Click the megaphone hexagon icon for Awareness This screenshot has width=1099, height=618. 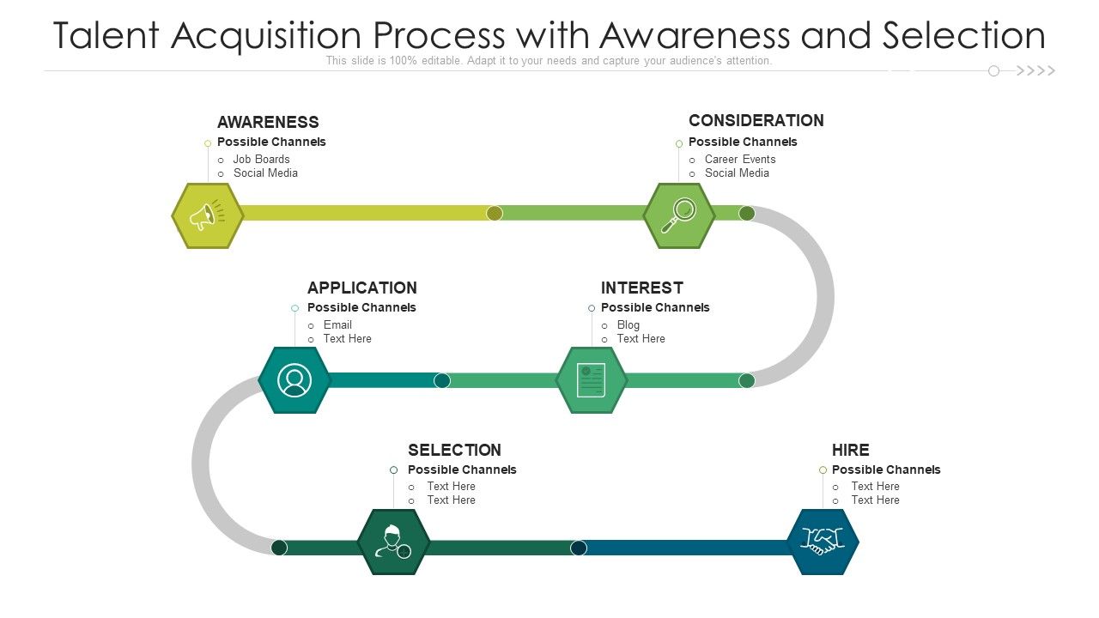207,215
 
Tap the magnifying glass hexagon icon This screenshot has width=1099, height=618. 679,215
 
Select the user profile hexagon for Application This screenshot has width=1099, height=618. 294,379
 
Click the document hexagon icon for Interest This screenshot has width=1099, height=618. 592,379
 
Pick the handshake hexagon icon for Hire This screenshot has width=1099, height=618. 823,542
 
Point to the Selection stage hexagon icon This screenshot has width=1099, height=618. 393,542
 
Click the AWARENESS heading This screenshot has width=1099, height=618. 268,122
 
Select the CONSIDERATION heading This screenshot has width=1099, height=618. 756,120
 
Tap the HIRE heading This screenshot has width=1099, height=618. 850,450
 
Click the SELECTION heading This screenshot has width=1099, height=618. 454,450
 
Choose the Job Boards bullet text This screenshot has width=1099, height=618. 261,159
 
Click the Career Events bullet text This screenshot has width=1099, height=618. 739,159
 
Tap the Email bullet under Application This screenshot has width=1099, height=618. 337,324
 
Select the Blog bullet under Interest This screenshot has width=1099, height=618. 628,324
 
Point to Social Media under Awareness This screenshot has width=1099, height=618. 265,173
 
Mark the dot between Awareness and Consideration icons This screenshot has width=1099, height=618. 495,213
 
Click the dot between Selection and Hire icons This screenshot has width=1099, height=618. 579,548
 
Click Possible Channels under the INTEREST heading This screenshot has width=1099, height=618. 655,307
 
